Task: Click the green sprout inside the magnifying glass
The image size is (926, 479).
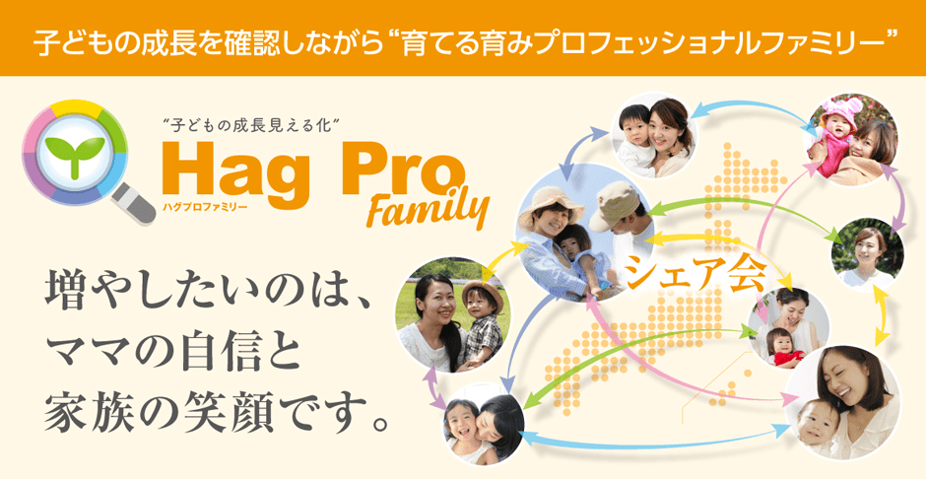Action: click(x=75, y=154)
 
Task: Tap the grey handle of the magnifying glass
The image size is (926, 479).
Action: click(x=134, y=204)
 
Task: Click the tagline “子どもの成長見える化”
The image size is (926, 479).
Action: click(x=252, y=124)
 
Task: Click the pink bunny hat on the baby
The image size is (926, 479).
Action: click(x=837, y=115)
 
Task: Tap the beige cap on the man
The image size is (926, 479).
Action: click(x=613, y=203)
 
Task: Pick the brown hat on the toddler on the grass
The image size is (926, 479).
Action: click(x=482, y=294)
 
